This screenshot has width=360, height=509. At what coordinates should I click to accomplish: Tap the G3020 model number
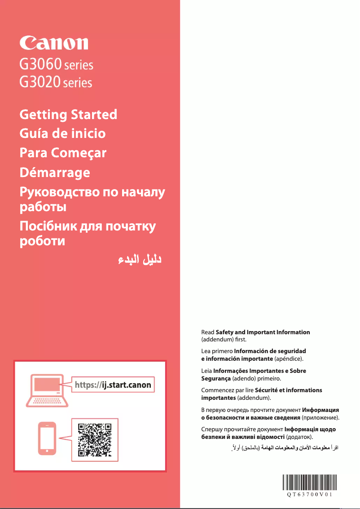pyautogui.click(x=40, y=82)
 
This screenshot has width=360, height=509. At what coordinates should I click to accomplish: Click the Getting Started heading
pyautogui.click(x=68, y=114)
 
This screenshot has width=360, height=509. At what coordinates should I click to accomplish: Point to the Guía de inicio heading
pyautogui.click(x=63, y=133)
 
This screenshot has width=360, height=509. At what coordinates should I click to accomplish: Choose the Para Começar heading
pyautogui.click(x=63, y=153)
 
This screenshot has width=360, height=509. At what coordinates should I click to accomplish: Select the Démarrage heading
pyautogui.click(x=55, y=172)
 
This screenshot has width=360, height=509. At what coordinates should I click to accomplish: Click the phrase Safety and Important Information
pyautogui.click(x=263, y=332)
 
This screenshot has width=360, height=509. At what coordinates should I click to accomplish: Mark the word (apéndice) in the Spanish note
pyautogui.click(x=289, y=359)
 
